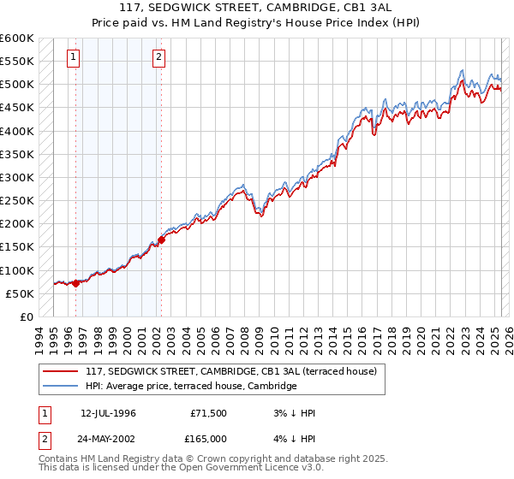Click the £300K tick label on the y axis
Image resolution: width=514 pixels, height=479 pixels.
16,177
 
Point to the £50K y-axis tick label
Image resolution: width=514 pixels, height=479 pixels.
20,293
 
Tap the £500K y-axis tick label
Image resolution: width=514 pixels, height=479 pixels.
16,85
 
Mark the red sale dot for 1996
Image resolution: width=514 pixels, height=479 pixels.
75,283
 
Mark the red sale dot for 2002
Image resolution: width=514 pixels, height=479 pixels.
161,239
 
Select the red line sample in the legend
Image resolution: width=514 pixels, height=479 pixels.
60,371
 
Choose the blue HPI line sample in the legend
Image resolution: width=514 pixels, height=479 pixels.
60,386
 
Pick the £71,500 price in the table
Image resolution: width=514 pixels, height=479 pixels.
208,413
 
